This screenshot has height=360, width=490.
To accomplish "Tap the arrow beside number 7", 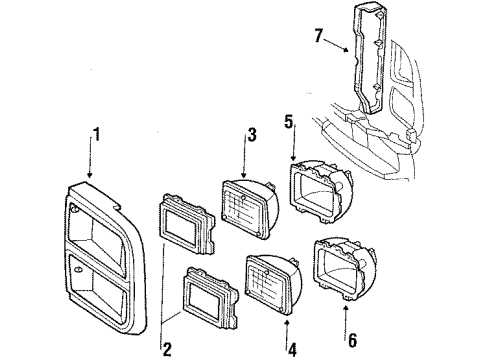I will [x=336, y=44].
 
